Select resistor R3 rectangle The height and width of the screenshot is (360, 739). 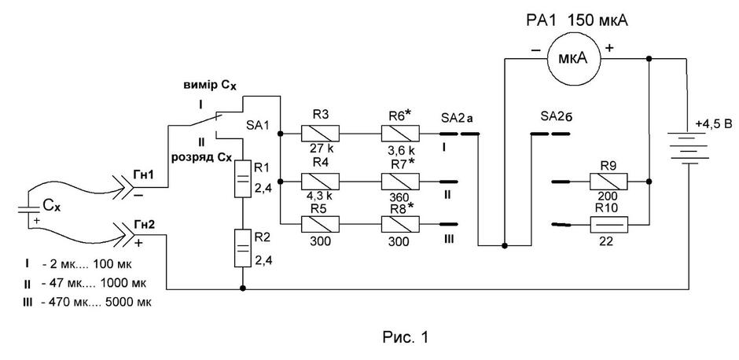(x=321, y=134)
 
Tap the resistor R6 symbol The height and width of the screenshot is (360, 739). (x=399, y=134)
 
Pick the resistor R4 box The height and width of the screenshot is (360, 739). (x=321, y=181)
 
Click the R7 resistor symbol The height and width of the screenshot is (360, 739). (x=399, y=181)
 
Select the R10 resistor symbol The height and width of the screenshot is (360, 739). (x=609, y=225)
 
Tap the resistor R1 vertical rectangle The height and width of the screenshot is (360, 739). (x=243, y=178)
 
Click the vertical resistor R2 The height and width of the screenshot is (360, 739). (x=243, y=248)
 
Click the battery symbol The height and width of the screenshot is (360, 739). (x=689, y=148)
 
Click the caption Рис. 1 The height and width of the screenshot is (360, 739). (x=406, y=337)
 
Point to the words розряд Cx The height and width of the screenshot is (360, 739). (x=210, y=158)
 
